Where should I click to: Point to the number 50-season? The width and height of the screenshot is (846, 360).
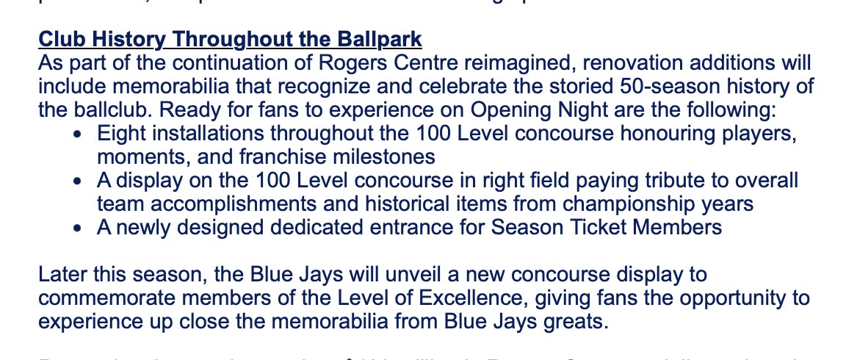coord(637,87)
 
